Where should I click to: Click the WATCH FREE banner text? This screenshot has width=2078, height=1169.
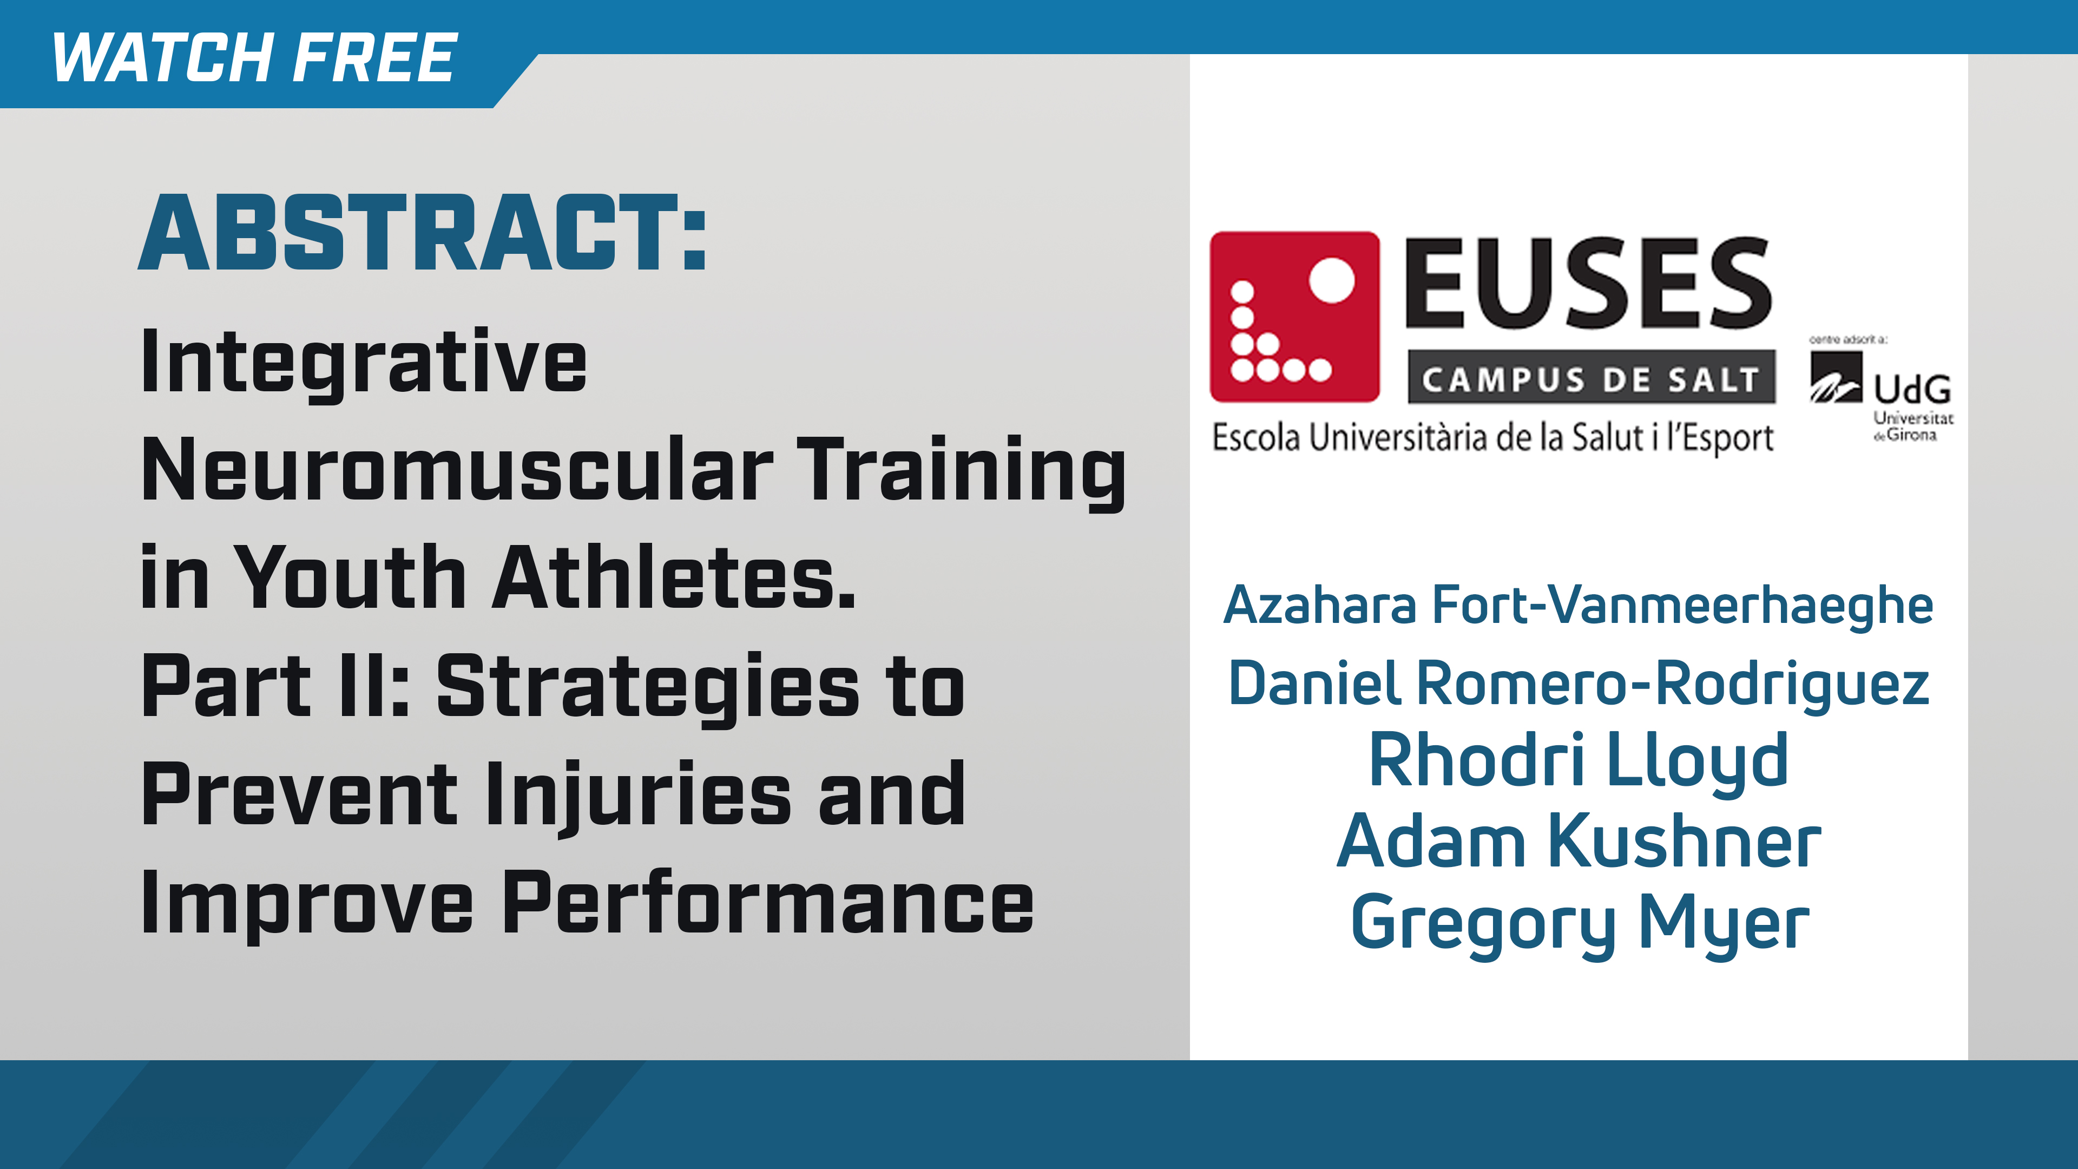(x=254, y=58)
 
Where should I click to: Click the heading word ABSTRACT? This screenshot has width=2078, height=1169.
(x=423, y=234)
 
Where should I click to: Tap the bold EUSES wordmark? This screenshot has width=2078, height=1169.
(x=1588, y=284)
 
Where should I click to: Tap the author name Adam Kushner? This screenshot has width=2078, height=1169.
(x=1578, y=842)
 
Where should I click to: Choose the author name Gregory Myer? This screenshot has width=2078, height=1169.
(x=1578, y=922)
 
